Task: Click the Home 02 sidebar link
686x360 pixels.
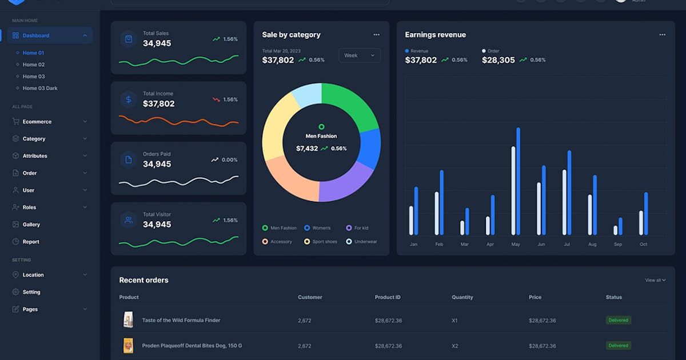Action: [x=33, y=65]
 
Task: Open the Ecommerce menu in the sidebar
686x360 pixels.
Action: [x=37, y=122]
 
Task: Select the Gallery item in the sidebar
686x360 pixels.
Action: [x=31, y=225]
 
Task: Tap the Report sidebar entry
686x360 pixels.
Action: [x=31, y=242]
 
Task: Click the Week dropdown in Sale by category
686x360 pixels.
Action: [x=359, y=55]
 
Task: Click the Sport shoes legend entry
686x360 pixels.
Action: [x=324, y=242]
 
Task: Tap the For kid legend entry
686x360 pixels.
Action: [x=361, y=228]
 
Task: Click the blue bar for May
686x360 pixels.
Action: [x=519, y=181]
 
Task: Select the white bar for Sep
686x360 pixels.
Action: [x=615, y=230]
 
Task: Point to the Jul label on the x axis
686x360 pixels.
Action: [x=567, y=245]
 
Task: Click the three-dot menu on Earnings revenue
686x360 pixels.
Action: [x=662, y=35]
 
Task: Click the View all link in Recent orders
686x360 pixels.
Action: [x=655, y=280]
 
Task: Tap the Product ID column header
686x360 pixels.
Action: [x=388, y=297]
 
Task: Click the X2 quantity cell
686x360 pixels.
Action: [x=454, y=346]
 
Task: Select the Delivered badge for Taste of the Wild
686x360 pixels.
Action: [x=618, y=321]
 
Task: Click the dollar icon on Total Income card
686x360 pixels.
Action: [x=129, y=99]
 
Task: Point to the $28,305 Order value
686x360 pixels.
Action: [x=498, y=60]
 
